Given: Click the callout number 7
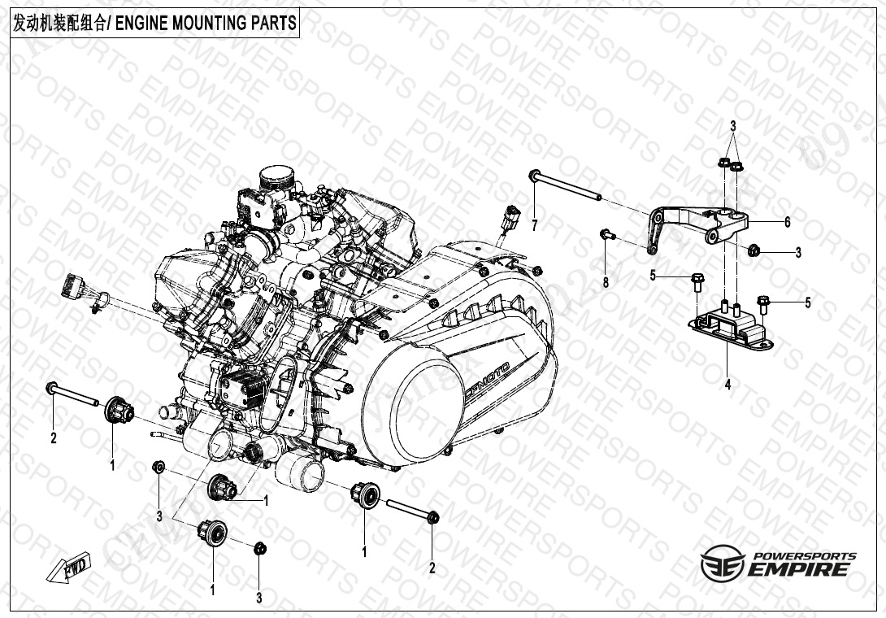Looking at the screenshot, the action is click(535, 225).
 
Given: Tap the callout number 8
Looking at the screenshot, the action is click(606, 281).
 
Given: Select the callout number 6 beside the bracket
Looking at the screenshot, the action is click(788, 222).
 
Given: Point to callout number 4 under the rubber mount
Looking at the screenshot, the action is click(727, 385).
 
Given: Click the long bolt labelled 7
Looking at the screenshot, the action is click(564, 185).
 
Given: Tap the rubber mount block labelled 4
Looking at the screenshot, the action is click(732, 328).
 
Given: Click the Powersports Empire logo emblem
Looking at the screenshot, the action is click(723, 563).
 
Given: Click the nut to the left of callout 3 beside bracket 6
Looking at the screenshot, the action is click(754, 250).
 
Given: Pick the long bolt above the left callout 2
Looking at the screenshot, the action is click(73, 394).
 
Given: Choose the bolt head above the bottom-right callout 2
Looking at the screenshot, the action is click(432, 517).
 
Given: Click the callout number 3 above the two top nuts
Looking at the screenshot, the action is click(733, 126).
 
